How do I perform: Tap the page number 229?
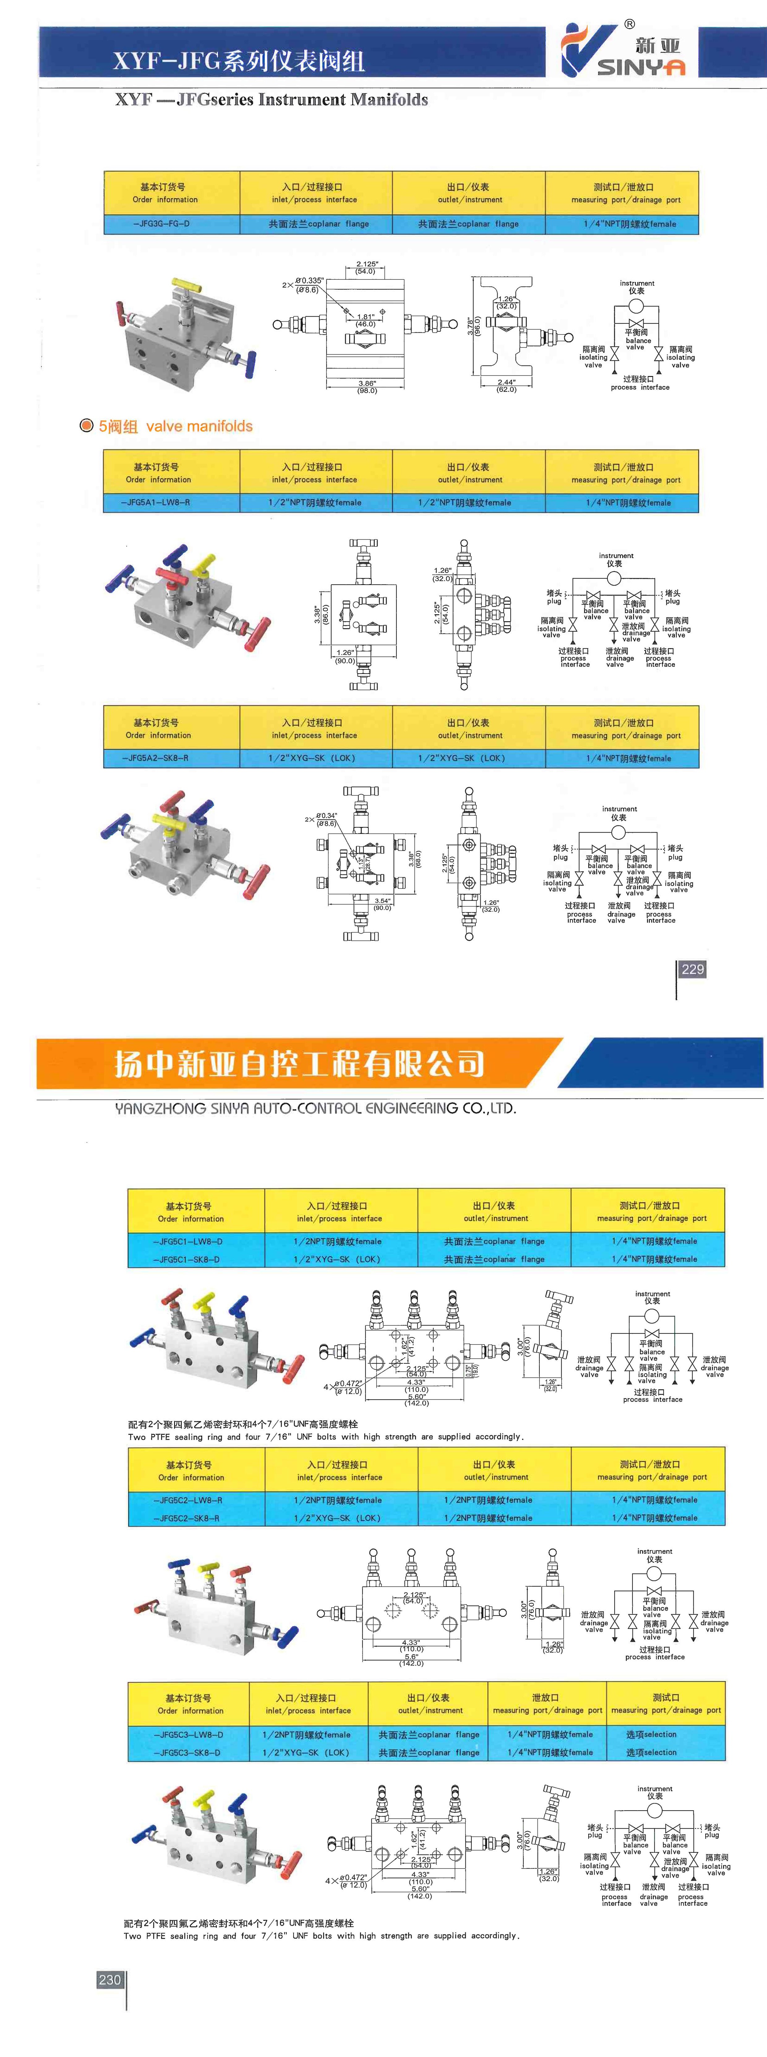pos(692,969)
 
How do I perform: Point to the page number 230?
pos(109,1980)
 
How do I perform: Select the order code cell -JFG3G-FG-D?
pos(162,223)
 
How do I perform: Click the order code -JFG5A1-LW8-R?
pos(156,502)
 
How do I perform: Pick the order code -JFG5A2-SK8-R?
pos(156,758)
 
